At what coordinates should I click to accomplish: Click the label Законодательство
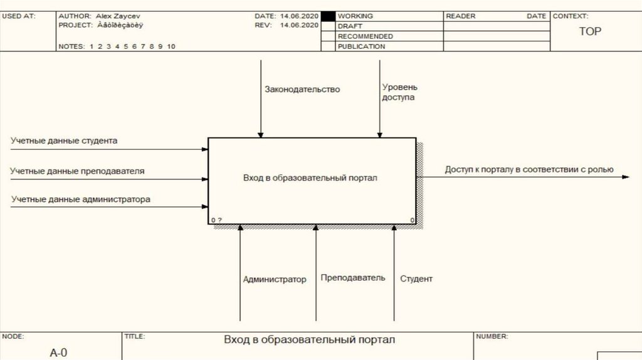click(x=302, y=89)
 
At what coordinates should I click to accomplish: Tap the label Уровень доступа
click(x=399, y=92)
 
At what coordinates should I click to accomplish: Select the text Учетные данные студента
click(x=64, y=140)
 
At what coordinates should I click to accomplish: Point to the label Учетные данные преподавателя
click(x=78, y=170)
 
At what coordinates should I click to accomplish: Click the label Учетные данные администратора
click(x=81, y=199)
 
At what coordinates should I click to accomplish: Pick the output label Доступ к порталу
click(x=529, y=169)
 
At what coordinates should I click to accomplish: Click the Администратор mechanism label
click(x=275, y=279)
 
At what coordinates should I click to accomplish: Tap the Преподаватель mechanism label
click(x=353, y=277)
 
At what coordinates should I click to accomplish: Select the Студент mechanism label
click(x=416, y=278)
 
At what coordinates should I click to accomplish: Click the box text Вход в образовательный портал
click(x=310, y=178)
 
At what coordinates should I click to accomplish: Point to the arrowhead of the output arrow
click(x=625, y=177)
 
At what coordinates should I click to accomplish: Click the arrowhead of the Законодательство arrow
click(x=261, y=134)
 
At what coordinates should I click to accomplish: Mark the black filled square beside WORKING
click(x=328, y=16)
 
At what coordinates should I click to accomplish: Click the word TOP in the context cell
click(x=589, y=31)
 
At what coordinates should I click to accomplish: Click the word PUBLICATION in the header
click(x=361, y=46)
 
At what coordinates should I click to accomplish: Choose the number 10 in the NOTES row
click(x=171, y=46)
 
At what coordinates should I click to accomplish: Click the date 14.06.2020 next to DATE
click(x=300, y=16)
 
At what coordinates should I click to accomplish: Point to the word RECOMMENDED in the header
click(x=366, y=36)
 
